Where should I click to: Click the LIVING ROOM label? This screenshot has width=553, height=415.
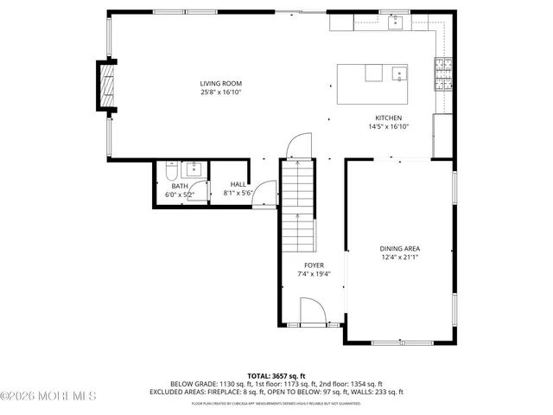(x=220, y=83)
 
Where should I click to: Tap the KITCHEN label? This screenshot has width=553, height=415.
(x=388, y=118)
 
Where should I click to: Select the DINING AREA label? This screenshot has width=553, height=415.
(x=399, y=248)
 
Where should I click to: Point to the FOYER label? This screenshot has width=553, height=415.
(x=314, y=265)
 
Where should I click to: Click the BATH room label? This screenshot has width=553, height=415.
(x=179, y=186)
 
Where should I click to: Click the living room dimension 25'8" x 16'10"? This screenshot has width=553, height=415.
(x=220, y=92)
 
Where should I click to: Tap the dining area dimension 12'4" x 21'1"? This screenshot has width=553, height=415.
(x=399, y=257)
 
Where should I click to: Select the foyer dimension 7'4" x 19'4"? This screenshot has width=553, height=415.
(x=314, y=274)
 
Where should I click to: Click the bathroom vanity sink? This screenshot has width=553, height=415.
(x=193, y=169)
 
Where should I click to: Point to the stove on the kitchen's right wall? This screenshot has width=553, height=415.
(x=443, y=74)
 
